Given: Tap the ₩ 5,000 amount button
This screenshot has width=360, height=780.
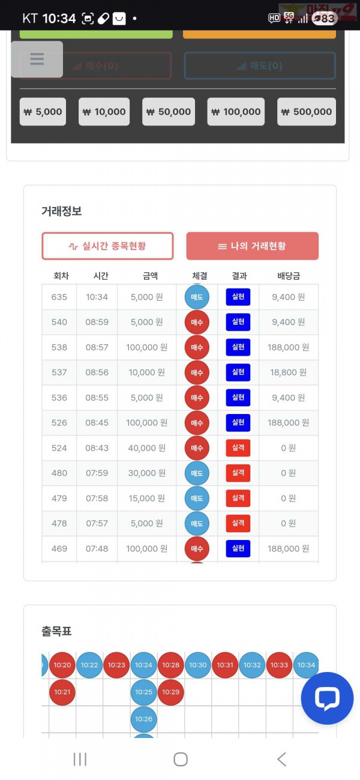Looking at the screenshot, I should pos(42,112).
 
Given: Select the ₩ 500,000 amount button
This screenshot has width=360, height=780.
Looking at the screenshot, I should pos(306,112).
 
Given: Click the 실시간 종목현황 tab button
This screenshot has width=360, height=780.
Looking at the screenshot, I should pos(107,246).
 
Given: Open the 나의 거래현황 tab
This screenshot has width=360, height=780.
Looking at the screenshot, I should pos(252,246).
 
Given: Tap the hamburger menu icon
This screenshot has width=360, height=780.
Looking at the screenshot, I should pos(37,59).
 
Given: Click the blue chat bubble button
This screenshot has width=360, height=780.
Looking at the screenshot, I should pos(327,698).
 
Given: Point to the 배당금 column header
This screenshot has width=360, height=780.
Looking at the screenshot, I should pos(289,276).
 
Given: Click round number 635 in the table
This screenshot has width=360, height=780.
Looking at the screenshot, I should pos(59,297).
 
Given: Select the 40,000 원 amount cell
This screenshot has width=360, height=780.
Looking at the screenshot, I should pos(146,448).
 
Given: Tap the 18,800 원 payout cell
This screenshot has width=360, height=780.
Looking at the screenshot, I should pos(289,373).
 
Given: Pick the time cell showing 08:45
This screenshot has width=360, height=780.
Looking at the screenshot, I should pos(97,423).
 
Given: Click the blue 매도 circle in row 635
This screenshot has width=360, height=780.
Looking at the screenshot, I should pos(197,298).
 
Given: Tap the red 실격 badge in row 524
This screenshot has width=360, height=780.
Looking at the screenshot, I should pos(238,448).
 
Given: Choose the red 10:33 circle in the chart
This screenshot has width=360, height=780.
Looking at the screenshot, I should pos(279,665).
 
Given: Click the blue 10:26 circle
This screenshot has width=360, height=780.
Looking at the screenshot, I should pos(143,719).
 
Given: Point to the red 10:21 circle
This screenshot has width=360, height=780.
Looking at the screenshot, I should pos(62,692).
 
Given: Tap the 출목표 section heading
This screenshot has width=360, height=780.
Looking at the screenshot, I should pos(57,631).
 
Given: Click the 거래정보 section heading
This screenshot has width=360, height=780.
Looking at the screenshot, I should pos(61,211).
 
